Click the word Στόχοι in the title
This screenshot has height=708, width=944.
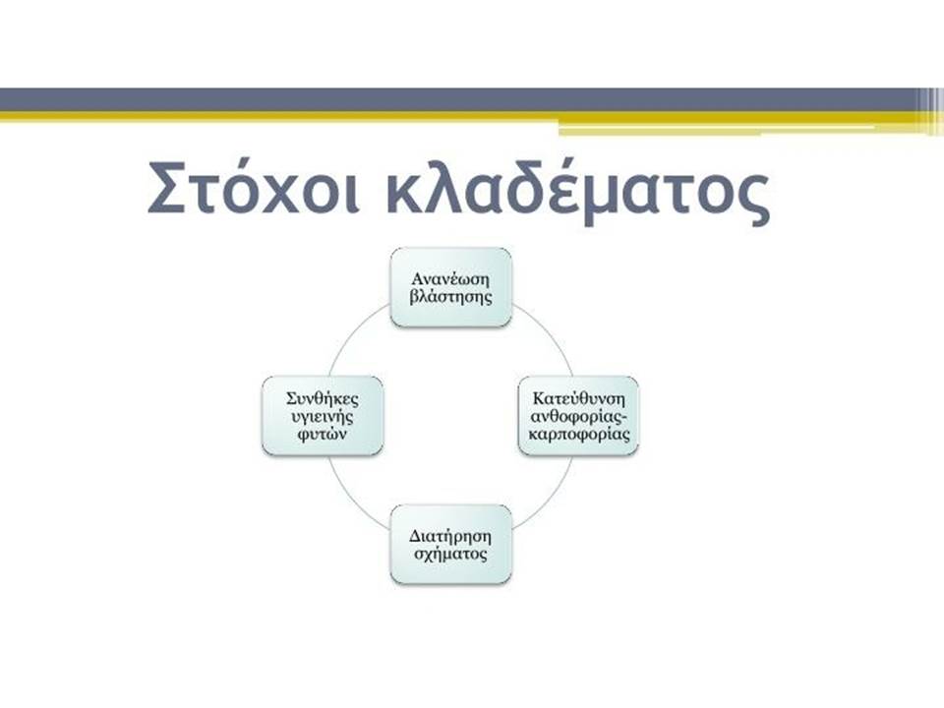point(254,187)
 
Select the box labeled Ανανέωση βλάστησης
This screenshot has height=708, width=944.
point(451,287)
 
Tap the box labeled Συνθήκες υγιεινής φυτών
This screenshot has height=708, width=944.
point(323,415)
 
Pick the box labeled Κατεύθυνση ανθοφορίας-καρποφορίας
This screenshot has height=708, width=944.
point(578,415)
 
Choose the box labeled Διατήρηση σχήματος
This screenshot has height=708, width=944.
point(451,544)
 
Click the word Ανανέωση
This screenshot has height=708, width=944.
point(451,278)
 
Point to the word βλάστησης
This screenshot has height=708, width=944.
point(451,297)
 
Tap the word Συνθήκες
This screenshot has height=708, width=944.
point(323,398)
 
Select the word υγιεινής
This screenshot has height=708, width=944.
point(323,417)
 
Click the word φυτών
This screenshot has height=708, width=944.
point(323,434)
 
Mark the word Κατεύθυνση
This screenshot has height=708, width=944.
point(579,398)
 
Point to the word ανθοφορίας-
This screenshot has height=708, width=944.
point(578,417)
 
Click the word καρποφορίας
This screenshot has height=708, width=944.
point(578,434)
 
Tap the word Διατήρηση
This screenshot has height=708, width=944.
point(451,536)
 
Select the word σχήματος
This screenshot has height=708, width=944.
point(451,554)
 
